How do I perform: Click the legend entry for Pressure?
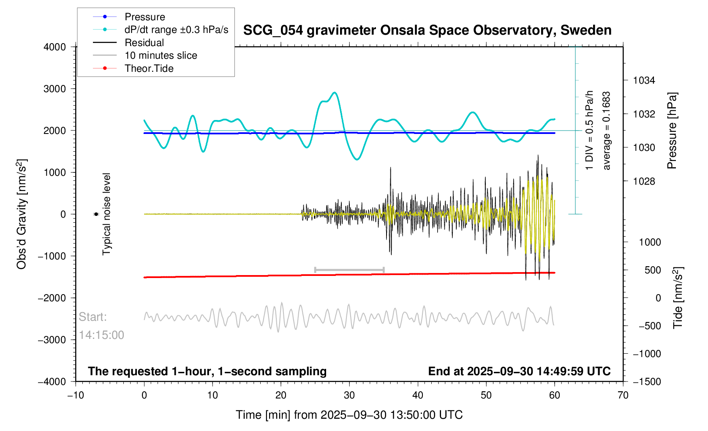(x=144, y=17)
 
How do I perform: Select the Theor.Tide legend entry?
(x=149, y=68)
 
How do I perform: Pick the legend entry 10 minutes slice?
(x=161, y=55)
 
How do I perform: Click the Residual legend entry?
(x=144, y=43)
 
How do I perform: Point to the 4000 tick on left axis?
(x=55, y=47)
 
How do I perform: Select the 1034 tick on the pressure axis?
(x=644, y=80)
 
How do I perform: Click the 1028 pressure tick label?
(x=644, y=181)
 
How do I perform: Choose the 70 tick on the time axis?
(x=623, y=396)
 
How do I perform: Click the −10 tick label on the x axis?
(x=76, y=396)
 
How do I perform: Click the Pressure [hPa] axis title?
(x=672, y=131)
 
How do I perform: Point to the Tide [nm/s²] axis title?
(x=678, y=297)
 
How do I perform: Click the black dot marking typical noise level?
(x=96, y=214)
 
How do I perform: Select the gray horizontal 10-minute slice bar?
(x=349, y=270)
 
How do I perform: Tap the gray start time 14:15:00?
(x=101, y=335)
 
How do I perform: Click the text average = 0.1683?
(x=607, y=131)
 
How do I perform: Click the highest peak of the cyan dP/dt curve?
(x=335, y=92)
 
